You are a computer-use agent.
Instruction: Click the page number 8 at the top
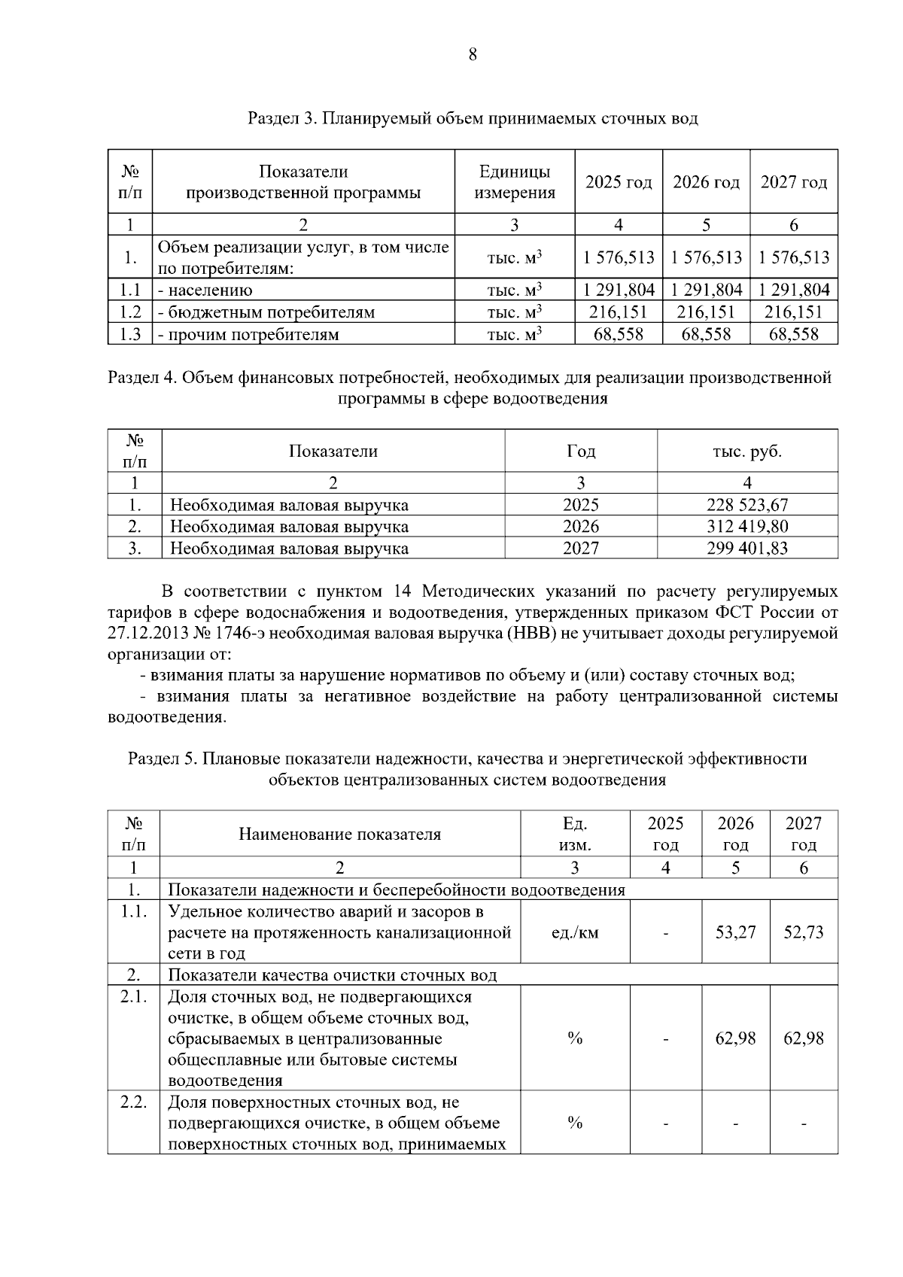click(473, 54)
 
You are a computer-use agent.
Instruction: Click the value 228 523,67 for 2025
click(746, 505)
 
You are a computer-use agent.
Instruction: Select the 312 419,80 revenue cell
click(746, 527)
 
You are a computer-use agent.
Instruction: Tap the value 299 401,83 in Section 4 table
click(746, 549)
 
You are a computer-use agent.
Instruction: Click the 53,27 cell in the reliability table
click(735, 932)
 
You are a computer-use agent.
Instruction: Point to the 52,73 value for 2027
click(803, 932)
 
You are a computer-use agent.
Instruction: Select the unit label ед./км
click(575, 932)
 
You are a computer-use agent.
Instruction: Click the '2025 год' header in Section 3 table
click(619, 182)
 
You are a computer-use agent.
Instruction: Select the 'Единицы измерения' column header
click(515, 182)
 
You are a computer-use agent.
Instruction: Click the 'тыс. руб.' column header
click(746, 452)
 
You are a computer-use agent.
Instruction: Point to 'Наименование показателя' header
click(339, 834)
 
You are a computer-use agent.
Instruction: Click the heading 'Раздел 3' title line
click(473, 119)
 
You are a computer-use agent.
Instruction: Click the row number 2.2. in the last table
click(133, 1103)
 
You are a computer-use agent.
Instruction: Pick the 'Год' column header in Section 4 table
click(580, 452)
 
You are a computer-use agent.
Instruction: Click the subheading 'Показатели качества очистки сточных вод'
click(332, 976)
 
